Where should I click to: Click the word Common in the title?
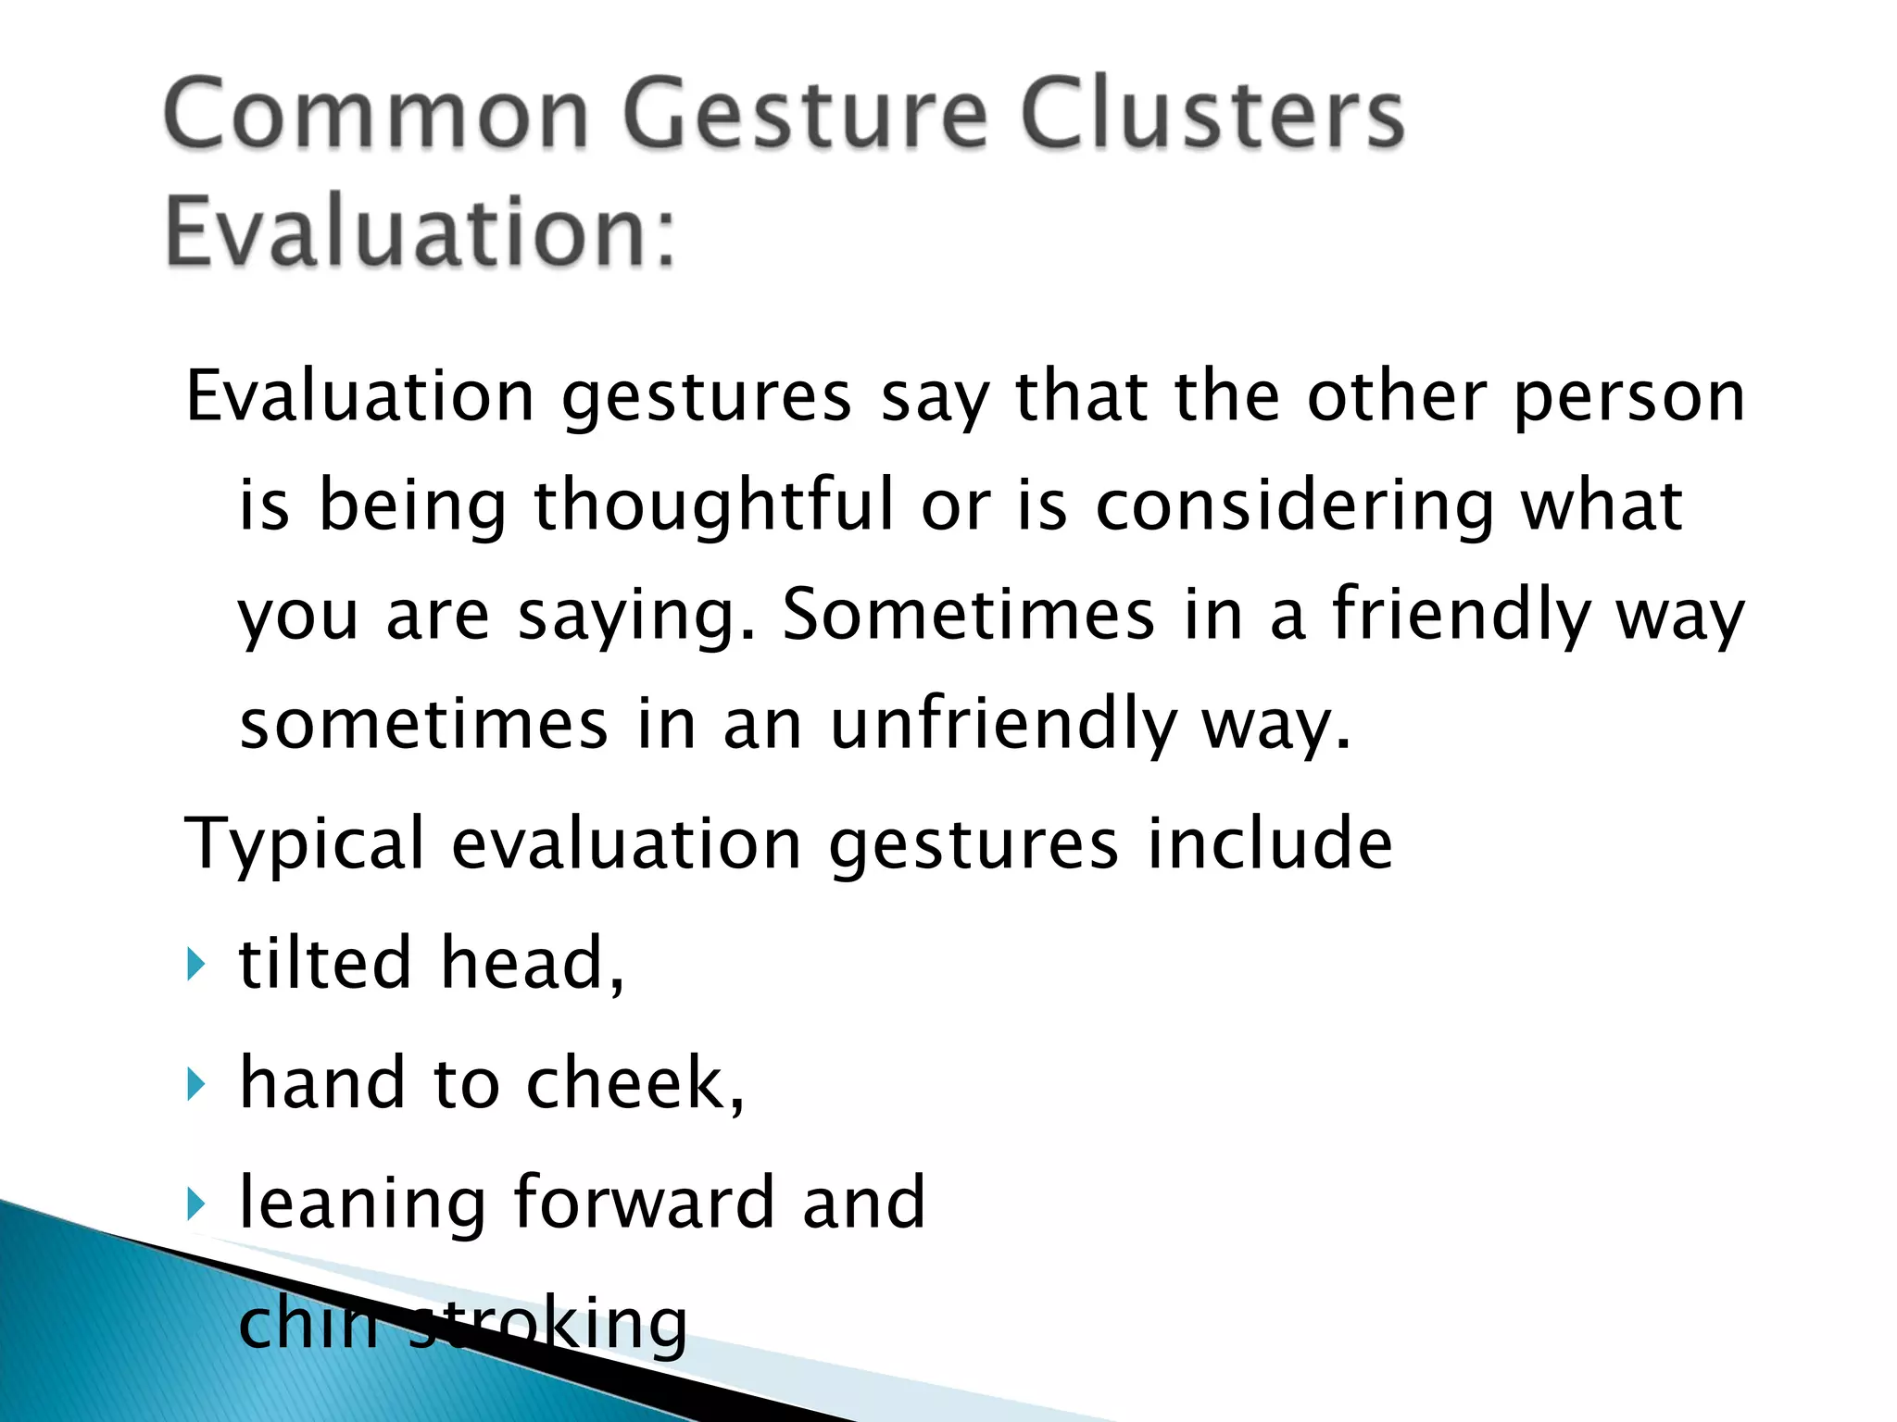point(376,115)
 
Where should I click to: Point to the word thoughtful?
point(713,505)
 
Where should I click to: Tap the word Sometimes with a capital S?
point(968,615)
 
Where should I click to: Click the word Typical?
point(305,844)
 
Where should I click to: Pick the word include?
point(1269,844)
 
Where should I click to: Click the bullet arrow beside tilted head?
point(195,965)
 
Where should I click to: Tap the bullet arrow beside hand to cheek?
point(195,1083)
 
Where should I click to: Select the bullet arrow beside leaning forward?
point(195,1204)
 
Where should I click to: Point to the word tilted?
point(324,963)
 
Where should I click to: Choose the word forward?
point(643,1203)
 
